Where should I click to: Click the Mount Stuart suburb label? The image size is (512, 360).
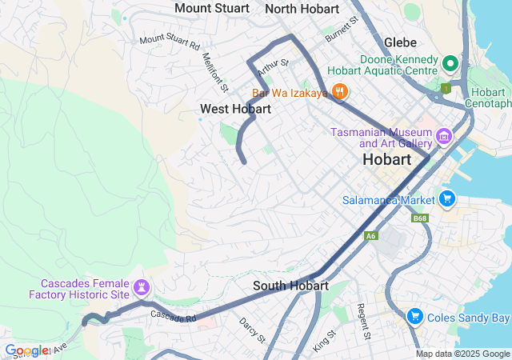click(x=212, y=8)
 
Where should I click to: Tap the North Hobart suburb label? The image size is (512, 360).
click(x=302, y=8)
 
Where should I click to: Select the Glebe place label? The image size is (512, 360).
click(x=400, y=42)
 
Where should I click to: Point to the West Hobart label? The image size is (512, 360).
click(x=236, y=108)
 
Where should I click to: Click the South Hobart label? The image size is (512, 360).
click(x=290, y=286)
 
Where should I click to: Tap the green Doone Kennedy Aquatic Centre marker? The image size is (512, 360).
click(x=450, y=62)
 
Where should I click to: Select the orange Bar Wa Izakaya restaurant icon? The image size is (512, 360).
click(x=340, y=91)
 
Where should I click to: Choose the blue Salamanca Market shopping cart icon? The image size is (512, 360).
click(x=446, y=198)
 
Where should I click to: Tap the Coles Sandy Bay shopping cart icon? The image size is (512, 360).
click(x=414, y=318)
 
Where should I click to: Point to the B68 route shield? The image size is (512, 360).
click(x=419, y=218)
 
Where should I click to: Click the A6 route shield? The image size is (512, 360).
click(x=370, y=236)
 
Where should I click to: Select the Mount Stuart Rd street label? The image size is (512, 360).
click(x=169, y=40)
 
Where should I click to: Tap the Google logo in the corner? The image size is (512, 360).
click(x=26, y=350)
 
